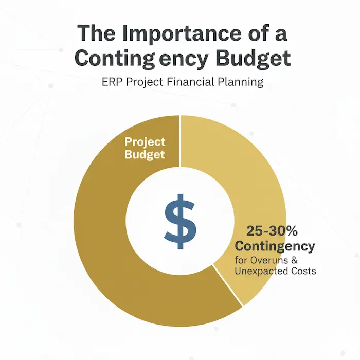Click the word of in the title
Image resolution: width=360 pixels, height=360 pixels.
click(260, 34)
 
